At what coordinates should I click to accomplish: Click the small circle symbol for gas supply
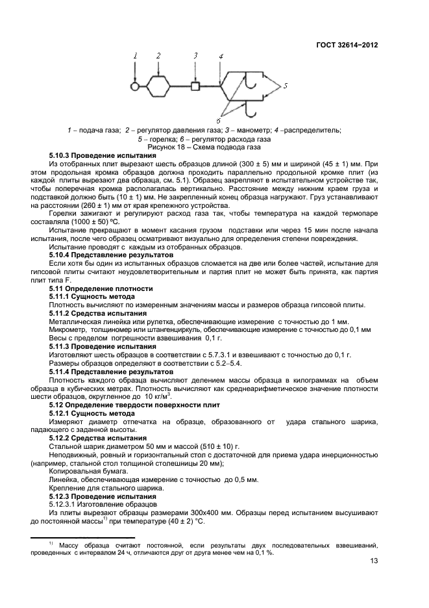coord(134,86)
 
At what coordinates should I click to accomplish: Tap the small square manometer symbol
coord(195,86)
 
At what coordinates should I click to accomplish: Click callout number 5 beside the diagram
coord(285,85)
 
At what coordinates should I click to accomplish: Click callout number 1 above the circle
coord(136,57)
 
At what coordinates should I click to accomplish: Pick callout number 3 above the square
coord(195,57)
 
